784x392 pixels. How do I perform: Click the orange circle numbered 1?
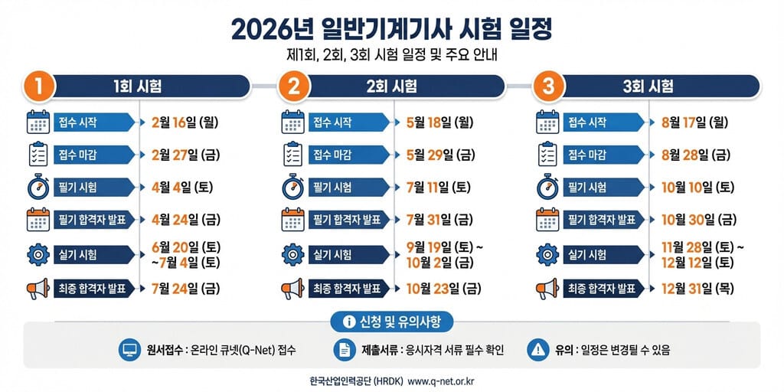[x=38, y=87]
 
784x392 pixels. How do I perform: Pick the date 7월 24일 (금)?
[x=185, y=289]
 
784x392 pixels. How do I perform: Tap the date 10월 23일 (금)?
[x=443, y=289]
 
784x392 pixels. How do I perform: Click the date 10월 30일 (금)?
[x=697, y=220]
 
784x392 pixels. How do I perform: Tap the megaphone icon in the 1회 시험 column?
[x=38, y=289]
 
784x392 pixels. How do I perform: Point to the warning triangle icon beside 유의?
[x=538, y=351]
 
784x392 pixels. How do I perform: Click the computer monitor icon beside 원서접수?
[x=126, y=351]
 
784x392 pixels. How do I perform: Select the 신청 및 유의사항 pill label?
[x=391, y=319]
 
